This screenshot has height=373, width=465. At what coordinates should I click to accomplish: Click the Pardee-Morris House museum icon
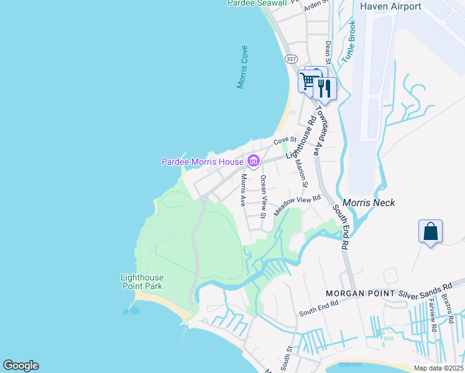[253, 162]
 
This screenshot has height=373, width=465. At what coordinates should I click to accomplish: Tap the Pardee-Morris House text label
[203, 162]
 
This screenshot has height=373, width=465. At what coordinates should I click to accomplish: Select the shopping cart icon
[307, 81]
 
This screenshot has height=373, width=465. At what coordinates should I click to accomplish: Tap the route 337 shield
[291, 58]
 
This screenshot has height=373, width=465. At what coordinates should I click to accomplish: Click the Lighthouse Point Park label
[142, 282]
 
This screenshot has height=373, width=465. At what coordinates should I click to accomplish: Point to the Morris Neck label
[369, 203]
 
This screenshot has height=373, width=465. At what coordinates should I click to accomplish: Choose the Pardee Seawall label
[257, 3]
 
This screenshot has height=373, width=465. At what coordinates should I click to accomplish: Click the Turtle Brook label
[349, 41]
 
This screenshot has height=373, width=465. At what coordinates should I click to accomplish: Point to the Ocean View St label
[264, 196]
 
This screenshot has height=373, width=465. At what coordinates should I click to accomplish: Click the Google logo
[21, 366]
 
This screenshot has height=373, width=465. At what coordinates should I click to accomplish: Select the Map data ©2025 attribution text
[439, 368]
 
